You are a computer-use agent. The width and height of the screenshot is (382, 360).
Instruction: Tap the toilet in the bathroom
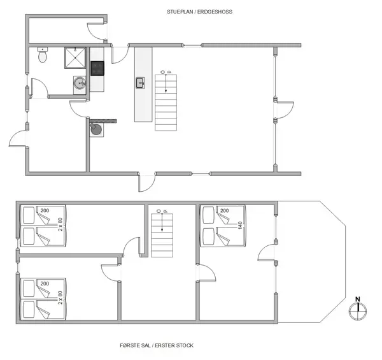coord(43,56)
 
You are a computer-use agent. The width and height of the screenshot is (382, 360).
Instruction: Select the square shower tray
coord(75,59)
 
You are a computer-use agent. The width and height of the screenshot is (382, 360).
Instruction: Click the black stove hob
coord(97,68)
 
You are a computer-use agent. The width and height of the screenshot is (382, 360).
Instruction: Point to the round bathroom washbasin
coord(79,83)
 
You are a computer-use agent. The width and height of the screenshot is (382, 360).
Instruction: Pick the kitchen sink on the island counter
coord(140,82)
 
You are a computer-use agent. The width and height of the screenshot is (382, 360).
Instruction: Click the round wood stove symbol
coord(97,130)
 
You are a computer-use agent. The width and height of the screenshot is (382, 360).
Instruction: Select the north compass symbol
coord(358,310)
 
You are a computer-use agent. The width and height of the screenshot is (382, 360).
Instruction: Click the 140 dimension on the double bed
coord(241,226)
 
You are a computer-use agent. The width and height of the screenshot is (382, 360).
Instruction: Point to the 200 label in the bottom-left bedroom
coord(45,283)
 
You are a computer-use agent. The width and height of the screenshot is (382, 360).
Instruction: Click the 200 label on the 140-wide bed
coord(225,210)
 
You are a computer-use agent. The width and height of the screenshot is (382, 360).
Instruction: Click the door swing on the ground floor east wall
coord(285,110)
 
